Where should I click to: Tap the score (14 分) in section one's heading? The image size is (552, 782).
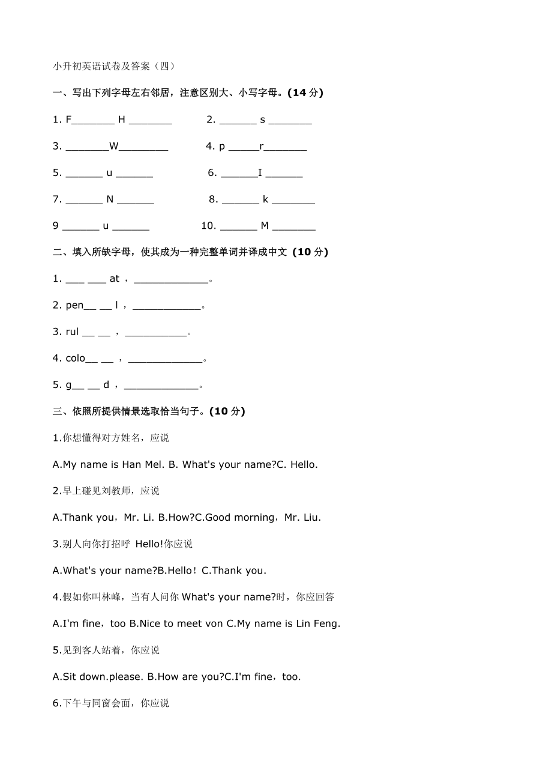point(305,92)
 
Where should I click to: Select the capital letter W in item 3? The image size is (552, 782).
point(114,146)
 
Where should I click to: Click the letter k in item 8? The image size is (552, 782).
point(265,199)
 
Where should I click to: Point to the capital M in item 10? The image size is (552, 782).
point(265,226)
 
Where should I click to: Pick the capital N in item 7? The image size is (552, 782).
point(110,199)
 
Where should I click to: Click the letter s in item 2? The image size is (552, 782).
point(262,120)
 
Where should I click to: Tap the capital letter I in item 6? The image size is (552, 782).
point(260,173)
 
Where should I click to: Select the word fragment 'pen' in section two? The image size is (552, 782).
point(74,305)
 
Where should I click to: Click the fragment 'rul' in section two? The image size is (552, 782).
point(72,332)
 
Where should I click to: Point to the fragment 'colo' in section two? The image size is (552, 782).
point(76,358)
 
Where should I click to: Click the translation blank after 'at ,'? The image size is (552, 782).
point(171,279)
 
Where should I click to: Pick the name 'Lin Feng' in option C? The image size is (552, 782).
point(317,623)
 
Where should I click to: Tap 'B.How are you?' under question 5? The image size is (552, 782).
point(185,676)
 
